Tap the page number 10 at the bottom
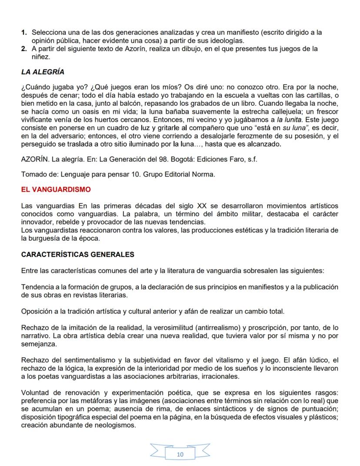[x=180, y=454]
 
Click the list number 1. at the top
[x=24, y=33]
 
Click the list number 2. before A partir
[x=24, y=49]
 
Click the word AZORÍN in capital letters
[x=34, y=159]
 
